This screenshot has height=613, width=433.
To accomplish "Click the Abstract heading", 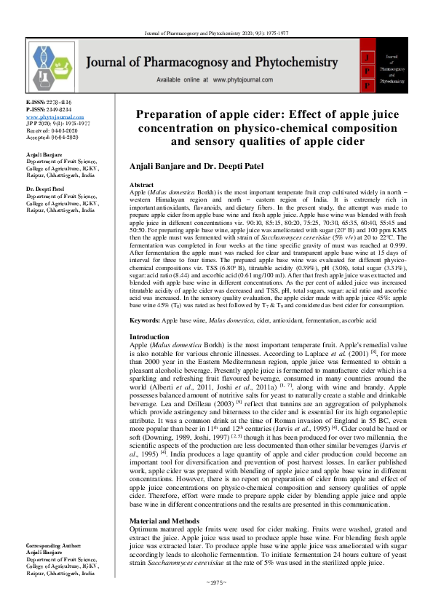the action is coord(141,186).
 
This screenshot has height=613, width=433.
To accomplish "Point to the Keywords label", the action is coord(146,320).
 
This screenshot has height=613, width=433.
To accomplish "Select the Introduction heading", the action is coord(149,337).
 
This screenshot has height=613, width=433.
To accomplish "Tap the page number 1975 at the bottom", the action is coord(217,603).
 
